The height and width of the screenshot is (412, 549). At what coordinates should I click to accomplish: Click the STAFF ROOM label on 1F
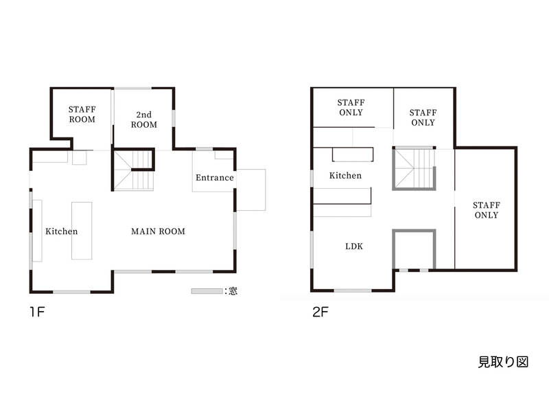pos(82,114)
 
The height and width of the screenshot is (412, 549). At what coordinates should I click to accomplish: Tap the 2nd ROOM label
pos(144,119)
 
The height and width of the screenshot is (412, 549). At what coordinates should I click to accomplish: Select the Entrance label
pos(215,178)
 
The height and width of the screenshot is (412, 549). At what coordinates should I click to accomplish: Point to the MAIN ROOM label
pos(158,231)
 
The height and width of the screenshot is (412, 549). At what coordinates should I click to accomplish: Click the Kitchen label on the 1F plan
pos(61,231)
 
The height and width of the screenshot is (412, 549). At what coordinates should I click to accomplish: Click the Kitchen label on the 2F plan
pos(345,175)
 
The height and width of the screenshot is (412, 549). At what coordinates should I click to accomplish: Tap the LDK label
pos(354,247)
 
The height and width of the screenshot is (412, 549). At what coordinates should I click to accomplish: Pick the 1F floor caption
pos(37,312)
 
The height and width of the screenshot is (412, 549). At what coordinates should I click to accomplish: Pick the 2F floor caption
pos(320,312)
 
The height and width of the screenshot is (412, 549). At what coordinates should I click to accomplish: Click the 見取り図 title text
pos(503,362)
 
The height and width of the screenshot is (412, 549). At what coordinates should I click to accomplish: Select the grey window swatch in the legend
pos(207,291)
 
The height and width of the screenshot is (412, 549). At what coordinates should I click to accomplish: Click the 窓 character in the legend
pos(233,290)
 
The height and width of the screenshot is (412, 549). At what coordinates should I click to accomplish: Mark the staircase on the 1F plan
pos(134,170)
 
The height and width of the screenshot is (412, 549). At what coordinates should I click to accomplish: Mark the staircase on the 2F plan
pos(414,168)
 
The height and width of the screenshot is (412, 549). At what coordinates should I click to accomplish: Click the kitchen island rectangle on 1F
pos(82,231)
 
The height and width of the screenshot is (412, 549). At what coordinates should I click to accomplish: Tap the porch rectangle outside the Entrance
pos(251,190)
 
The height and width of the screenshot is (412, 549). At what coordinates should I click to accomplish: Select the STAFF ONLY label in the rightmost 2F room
pos(487,210)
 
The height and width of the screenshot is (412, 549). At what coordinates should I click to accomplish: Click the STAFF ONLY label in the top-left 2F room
pos(351,107)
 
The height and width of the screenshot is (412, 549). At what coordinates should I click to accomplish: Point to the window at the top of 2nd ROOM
pos(132,89)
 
